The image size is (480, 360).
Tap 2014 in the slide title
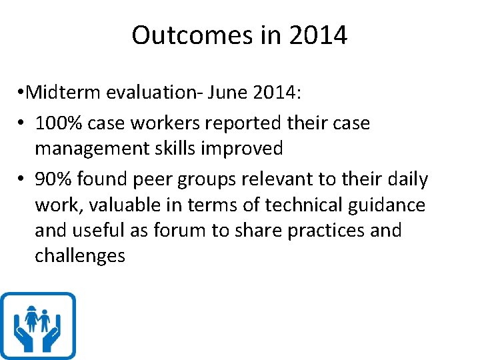318,35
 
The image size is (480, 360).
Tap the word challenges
80,256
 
